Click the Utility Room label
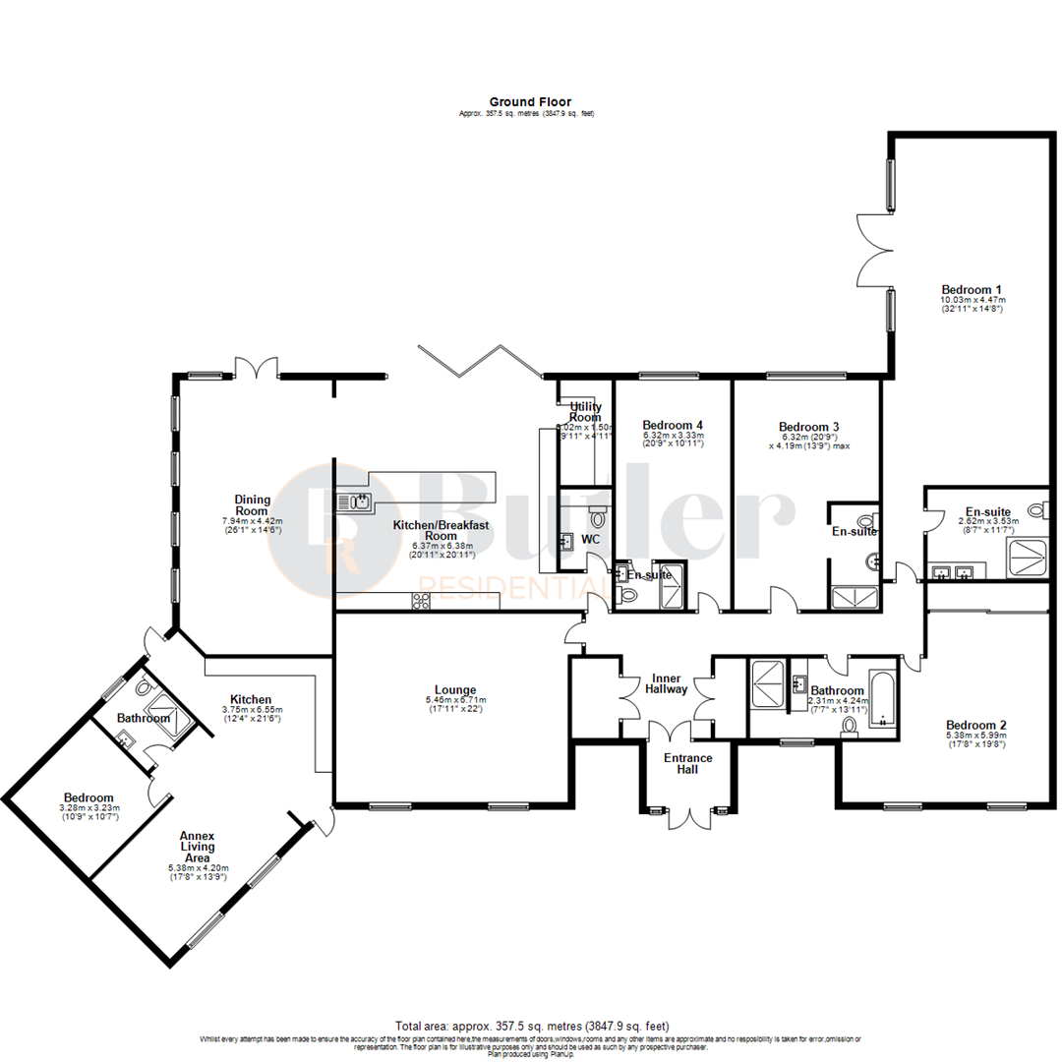coord(584,410)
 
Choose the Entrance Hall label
coord(686,763)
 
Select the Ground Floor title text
coord(530,101)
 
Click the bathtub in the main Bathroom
coord(882,697)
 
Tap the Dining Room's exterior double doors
coord(256,369)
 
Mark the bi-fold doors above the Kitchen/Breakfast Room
coord(478,360)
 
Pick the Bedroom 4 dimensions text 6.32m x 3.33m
coord(673,435)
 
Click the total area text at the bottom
coord(530,1026)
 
